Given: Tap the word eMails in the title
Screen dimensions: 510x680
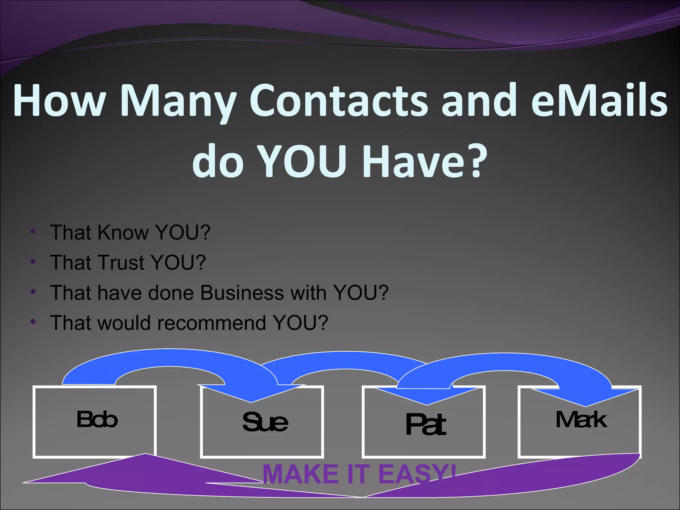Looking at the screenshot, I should coord(599,101).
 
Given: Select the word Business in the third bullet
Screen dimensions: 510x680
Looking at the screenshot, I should coord(242,293).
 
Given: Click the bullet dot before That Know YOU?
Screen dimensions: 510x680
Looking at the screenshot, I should coord(33,232).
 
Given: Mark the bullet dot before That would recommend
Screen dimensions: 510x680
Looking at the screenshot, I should coord(33,322).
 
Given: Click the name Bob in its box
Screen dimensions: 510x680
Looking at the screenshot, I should coord(97,419).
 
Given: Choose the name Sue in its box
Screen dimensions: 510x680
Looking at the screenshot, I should coord(265,422).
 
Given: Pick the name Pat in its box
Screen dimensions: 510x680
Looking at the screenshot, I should coord(425,425).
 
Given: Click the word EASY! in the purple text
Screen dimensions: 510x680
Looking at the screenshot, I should coord(417,474).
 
